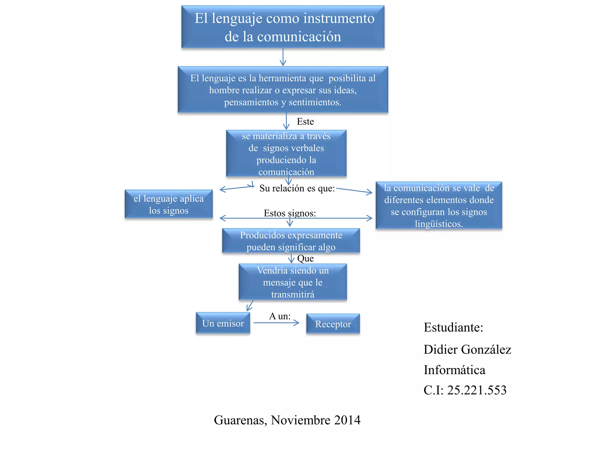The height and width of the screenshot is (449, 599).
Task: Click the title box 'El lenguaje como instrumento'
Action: (x=283, y=27)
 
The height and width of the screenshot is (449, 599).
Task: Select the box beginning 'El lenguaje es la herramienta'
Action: (x=283, y=90)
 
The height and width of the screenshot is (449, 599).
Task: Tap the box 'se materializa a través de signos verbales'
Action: (x=286, y=154)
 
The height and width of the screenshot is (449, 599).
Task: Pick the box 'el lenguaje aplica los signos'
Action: (x=168, y=204)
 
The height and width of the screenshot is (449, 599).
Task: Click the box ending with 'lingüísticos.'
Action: (x=439, y=205)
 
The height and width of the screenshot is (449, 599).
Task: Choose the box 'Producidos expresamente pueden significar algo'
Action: (x=291, y=241)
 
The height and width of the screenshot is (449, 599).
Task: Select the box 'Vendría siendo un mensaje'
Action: (x=293, y=282)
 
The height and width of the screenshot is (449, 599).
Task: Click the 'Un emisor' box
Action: (x=223, y=323)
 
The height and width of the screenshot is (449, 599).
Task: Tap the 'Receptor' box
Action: (x=333, y=324)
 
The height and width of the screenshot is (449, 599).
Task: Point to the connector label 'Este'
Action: (x=305, y=122)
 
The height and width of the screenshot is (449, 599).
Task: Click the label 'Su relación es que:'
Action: (x=297, y=188)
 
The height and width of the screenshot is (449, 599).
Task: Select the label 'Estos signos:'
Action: (x=290, y=213)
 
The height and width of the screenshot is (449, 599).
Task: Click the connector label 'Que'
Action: (x=305, y=258)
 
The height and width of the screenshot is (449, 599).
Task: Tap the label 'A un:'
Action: (x=280, y=316)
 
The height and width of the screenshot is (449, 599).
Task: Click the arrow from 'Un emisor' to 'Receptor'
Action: (x=276, y=323)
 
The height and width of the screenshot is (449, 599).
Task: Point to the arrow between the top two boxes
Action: (x=283, y=57)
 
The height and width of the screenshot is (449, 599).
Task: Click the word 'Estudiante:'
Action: (x=453, y=327)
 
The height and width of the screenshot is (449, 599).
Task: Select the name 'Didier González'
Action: (x=467, y=349)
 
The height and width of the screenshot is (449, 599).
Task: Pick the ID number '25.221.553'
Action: (x=477, y=390)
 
